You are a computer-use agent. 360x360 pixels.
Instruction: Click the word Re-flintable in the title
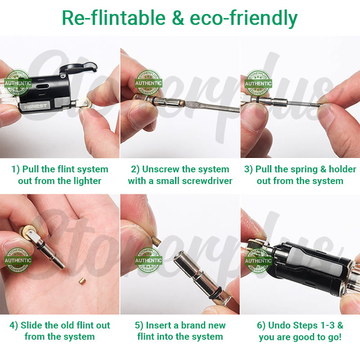click(114, 18)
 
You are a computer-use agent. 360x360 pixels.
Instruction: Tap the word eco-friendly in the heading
click(243, 18)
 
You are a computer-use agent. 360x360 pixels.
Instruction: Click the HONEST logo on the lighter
click(36, 106)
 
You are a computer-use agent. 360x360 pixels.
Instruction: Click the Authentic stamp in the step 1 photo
click(18, 83)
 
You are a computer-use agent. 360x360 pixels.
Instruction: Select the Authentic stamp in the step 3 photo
click(258, 83)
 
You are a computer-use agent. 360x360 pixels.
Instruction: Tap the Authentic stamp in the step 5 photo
click(148, 261)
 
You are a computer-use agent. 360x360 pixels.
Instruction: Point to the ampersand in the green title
click(178, 18)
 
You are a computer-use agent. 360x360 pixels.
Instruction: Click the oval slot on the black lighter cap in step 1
click(43, 86)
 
